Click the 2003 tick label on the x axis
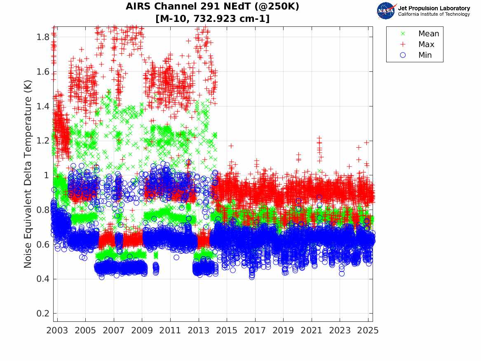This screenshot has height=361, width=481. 57,330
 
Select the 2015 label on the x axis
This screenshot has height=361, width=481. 227,330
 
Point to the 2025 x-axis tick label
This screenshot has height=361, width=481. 368,330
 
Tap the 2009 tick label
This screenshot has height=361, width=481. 142,330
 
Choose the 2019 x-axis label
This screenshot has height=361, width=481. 283,330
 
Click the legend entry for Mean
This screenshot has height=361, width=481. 429,34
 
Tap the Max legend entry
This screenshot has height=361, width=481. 426,45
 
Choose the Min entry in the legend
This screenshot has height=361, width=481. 425,55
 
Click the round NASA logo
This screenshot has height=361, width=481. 386,11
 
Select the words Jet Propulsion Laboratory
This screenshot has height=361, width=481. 434,8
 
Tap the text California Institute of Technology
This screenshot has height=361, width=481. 434,14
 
